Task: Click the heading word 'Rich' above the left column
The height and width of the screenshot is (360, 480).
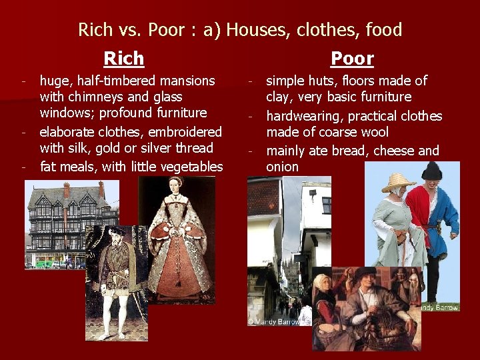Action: tap(124, 59)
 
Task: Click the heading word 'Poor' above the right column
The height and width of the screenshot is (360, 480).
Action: tap(352, 59)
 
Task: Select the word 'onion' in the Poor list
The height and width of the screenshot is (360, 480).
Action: tap(282, 167)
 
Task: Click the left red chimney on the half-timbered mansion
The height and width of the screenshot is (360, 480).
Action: tap(67, 189)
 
